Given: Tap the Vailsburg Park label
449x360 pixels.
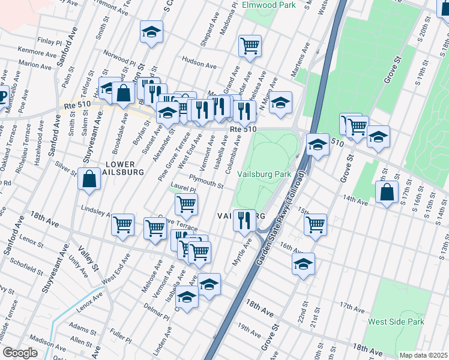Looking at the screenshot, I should pos(264,173).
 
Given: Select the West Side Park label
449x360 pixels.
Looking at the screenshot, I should pos(396,322).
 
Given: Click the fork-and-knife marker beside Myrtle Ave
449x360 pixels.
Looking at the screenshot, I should pos(244,220).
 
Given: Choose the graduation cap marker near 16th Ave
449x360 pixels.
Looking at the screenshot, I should pos(303,263).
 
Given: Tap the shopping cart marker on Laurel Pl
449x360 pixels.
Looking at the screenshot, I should pos(186,204).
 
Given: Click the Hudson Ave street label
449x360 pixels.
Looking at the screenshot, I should pos(194,61).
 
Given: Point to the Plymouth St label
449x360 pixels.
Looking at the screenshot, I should pos(206,181).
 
